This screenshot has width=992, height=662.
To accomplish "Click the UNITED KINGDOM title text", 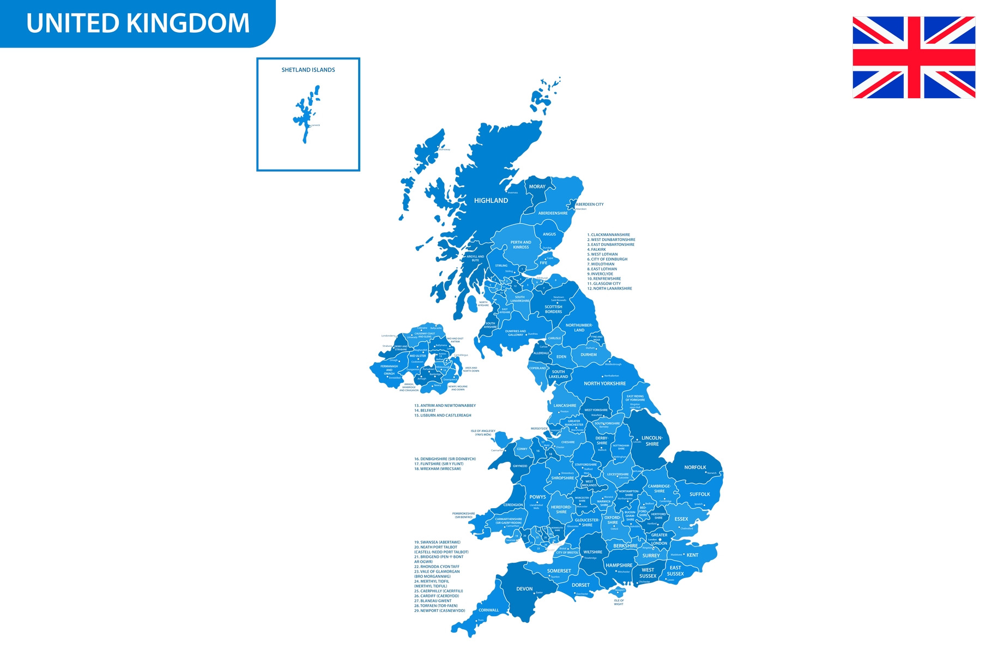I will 138,23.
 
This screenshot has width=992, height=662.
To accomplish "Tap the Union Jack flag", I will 914,57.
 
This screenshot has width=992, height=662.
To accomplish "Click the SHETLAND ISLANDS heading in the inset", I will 308,70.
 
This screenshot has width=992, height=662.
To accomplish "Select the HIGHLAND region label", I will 491,201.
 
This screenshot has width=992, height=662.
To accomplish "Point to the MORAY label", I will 537,186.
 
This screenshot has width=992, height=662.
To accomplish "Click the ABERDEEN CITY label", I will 590,204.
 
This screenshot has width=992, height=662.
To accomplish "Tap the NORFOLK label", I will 695,467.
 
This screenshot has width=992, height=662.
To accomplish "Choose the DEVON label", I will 524,589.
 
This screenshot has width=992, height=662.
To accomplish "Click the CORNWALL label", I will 488,610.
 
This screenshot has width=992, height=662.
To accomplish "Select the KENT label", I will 692,555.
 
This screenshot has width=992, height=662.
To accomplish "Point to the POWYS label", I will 537,497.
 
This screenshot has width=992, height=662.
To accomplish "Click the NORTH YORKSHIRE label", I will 604,383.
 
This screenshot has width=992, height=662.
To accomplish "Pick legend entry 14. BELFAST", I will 425,411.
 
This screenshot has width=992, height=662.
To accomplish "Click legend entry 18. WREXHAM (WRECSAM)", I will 438,469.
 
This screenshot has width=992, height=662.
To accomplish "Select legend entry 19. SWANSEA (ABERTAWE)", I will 437,542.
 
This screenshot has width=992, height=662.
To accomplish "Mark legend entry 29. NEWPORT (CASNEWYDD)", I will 439,611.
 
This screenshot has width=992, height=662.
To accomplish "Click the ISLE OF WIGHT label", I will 619,602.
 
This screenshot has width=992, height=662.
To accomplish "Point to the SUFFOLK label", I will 699,494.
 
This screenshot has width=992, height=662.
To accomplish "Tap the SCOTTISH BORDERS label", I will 553,309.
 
